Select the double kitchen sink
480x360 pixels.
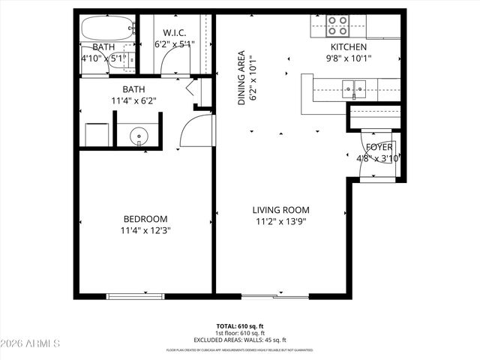tap(352, 90)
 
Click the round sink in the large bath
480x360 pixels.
tap(139, 136)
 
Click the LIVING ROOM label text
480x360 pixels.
tap(280, 210)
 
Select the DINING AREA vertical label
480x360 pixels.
tap(242, 78)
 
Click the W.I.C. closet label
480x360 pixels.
tap(174, 32)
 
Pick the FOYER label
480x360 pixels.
tap(379, 147)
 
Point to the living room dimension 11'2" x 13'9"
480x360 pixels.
tap(280, 221)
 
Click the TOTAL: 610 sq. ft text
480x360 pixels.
tap(240, 326)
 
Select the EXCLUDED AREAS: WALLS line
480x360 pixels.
tap(240, 340)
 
